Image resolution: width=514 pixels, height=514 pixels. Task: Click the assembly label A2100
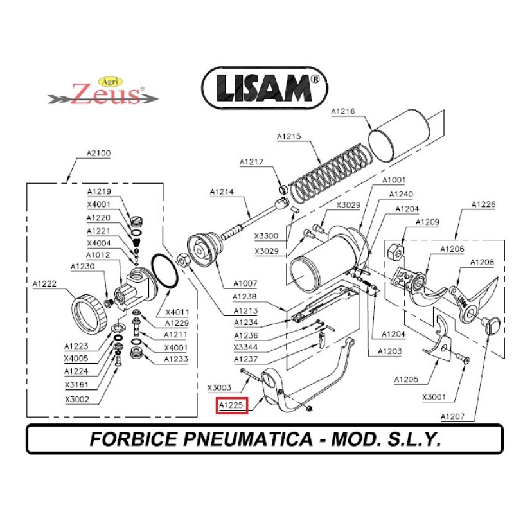coord(98,154)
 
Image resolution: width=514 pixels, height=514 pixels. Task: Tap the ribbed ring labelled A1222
coord(89,312)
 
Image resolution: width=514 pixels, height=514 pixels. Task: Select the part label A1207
coord(454,416)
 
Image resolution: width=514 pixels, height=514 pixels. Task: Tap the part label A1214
coord(222,192)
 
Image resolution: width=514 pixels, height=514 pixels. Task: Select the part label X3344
coord(245,347)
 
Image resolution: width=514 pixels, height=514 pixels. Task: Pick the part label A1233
coord(175,359)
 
